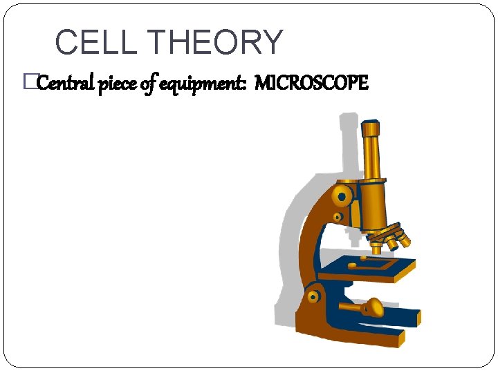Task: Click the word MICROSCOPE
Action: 311,84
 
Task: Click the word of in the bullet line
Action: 149,84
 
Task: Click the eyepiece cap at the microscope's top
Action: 371,129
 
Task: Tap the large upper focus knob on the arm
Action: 341,195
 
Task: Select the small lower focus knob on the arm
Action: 337,217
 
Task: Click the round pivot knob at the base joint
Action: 313,297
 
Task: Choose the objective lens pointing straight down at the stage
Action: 380,242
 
